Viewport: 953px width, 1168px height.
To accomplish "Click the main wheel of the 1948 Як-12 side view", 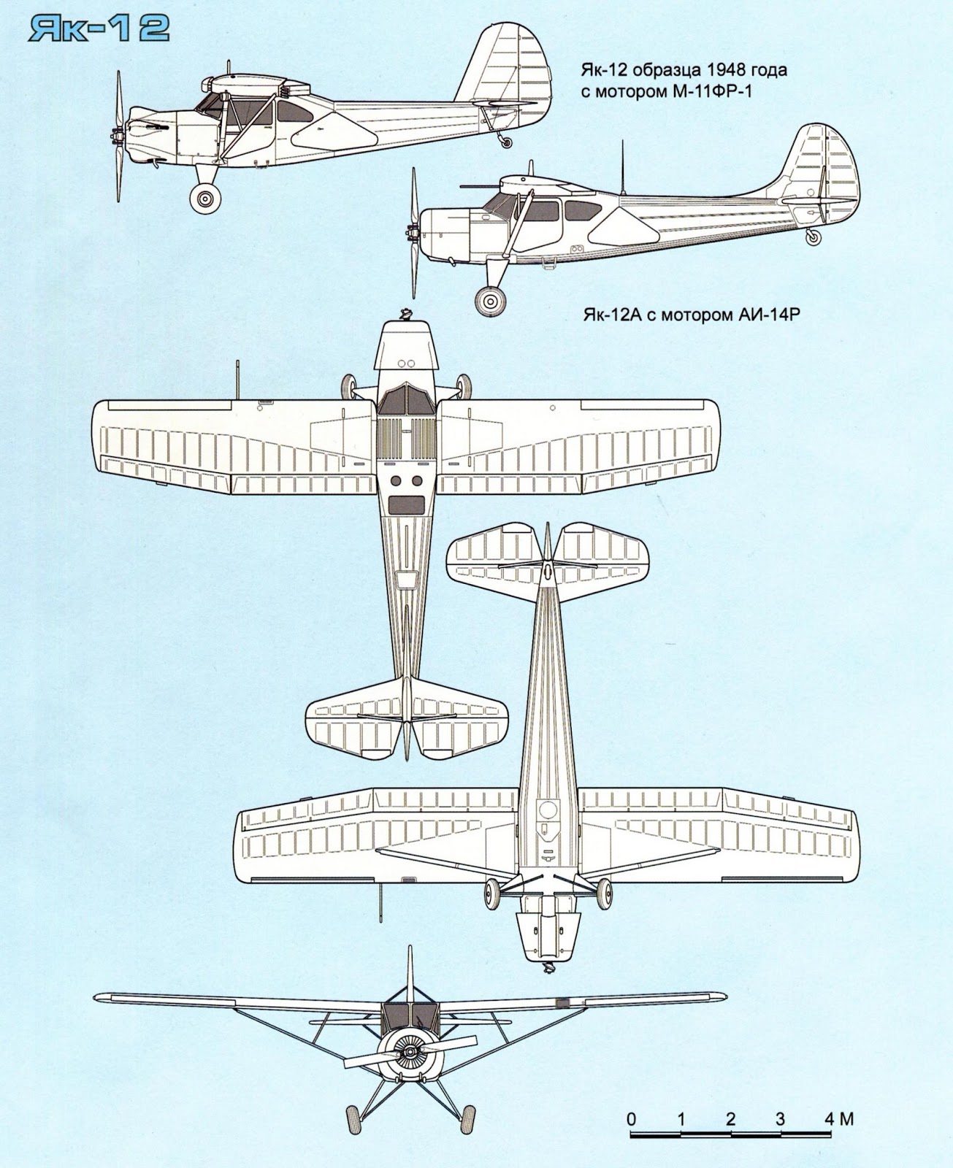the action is [205, 197].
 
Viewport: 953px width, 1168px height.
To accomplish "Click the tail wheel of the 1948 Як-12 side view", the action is [506, 143].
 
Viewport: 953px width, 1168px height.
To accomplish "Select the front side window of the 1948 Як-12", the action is [210, 109].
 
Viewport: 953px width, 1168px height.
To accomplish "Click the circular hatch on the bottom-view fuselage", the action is [546, 808].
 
